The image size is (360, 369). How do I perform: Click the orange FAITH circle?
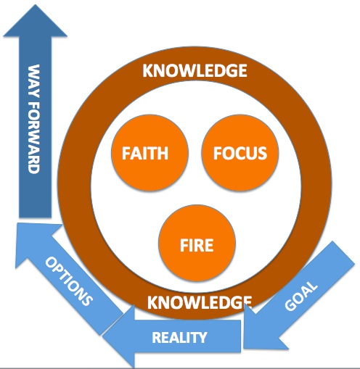[x=146, y=154]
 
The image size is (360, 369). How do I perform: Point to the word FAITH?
[x=146, y=154]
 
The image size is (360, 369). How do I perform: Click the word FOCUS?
[x=240, y=154]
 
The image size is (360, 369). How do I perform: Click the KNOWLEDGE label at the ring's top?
[x=195, y=71]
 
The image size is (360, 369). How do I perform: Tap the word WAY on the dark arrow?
[x=33, y=80]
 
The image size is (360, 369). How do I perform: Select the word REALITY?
[x=179, y=337]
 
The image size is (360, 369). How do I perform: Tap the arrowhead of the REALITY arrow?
[x=116, y=336]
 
